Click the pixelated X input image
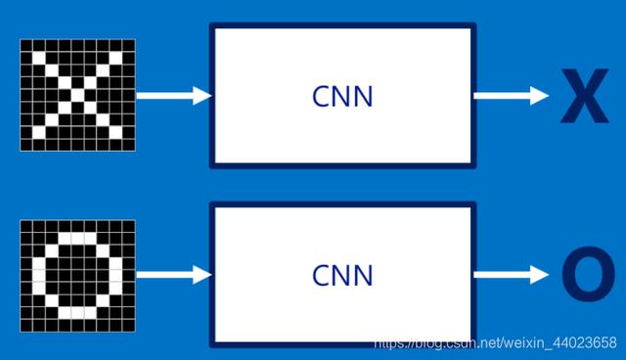click(x=77, y=95)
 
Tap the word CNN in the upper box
click(x=342, y=97)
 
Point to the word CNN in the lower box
click(x=342, y=275)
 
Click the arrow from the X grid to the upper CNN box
click(x=173, y=95)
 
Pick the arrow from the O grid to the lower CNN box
click(x=173, y=275)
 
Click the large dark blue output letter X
click(x=584, y=98)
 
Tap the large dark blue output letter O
click(x=589, y=277)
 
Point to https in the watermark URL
click(x=391, y=343)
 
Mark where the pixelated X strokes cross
click(x=77, y=95)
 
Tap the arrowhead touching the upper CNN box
click(x=202, y=95)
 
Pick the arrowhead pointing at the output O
click(x=540, y=275)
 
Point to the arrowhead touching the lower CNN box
click(x=202, y=275)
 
